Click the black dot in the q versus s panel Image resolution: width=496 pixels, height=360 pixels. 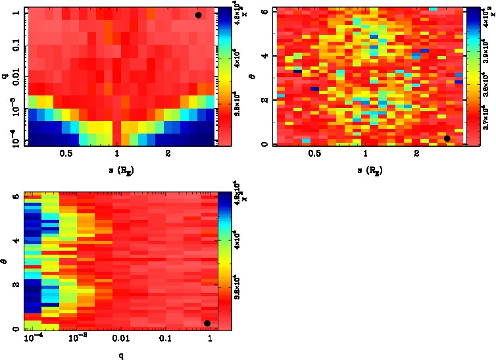tap(198, 15)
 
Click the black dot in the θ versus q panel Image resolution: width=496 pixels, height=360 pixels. tap(207, 323)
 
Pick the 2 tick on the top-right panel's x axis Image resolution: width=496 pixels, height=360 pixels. tap(417, 154)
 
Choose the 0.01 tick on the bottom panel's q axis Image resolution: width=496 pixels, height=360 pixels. tap(120, 338)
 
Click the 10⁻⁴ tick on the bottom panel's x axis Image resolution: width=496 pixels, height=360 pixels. tap(31, 338)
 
